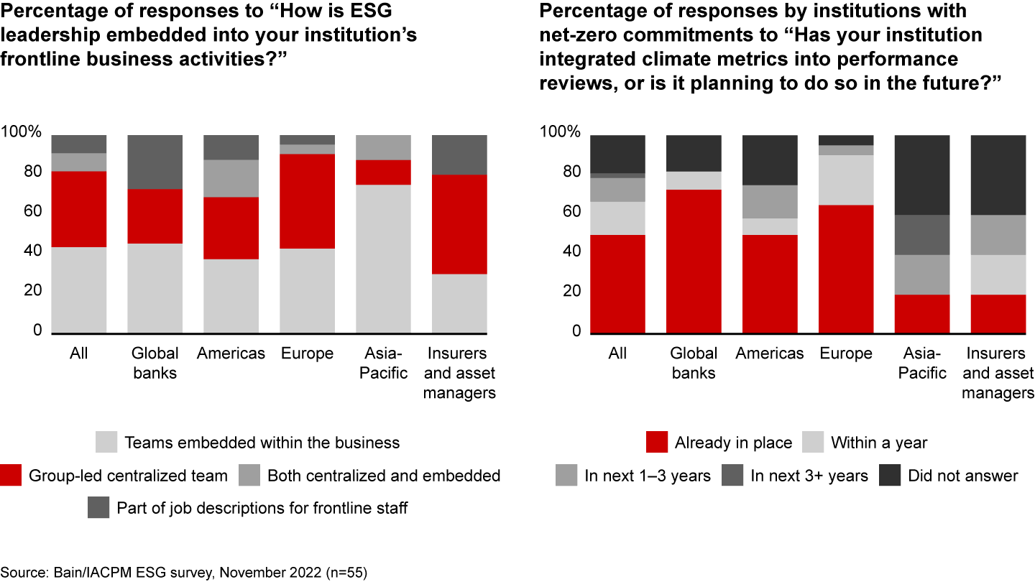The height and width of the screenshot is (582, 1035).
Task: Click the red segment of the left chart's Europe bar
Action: (x=307, y=201)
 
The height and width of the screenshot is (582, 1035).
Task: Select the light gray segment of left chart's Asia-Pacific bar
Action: (x=383, y=259)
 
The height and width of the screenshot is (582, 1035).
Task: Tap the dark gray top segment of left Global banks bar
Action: (x=155, y=162)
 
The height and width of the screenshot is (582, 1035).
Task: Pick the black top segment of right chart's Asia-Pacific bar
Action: (x=922, y=175)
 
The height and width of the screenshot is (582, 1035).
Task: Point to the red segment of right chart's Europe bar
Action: (x=846, y=269)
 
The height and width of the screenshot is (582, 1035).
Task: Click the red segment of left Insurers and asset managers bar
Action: (x=459, y=224)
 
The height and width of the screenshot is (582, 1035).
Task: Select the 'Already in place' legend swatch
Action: (x=656, y=443)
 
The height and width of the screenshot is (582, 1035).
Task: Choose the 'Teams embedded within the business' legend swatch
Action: (x=106, y=443)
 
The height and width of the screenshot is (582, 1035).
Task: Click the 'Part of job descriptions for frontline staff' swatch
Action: (x=98, y=508)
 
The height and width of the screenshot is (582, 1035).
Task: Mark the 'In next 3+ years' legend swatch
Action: (x=732, y=476)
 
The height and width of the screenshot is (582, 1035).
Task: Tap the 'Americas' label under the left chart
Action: (x=231, y=354)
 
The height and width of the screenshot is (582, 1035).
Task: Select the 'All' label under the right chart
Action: (x=617, y=354)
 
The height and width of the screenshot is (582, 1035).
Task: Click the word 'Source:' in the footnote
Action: (x=27, y=573)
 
